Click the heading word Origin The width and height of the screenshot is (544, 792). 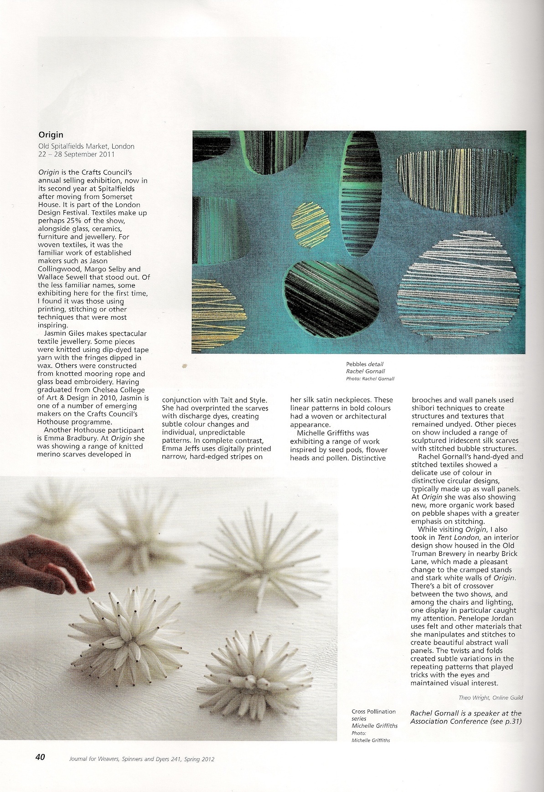tap(51, 135)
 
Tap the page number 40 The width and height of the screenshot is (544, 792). tap(40, 757)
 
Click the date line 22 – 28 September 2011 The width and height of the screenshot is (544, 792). tap(76, 154)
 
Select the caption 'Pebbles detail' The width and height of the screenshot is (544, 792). tap(364, 364)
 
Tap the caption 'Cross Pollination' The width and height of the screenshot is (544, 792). tap(373, 711)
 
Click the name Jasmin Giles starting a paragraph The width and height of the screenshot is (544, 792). tap(66, 334)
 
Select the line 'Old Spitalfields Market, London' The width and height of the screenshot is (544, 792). tap(86, 146)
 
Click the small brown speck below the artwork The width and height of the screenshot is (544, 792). tap(184, 365)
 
